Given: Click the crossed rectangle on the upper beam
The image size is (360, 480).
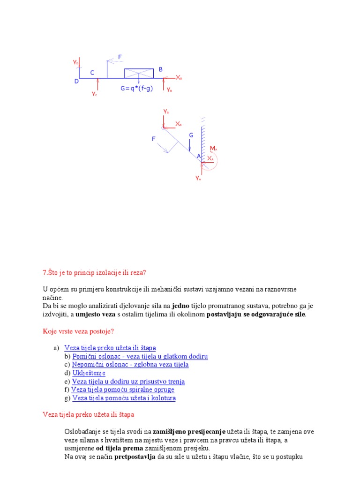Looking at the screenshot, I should (139, 73).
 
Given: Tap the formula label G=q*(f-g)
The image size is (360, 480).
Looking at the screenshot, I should (136, 88).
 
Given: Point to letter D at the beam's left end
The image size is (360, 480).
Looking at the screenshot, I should (77, 82).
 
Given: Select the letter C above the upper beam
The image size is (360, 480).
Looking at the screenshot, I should (92, 73).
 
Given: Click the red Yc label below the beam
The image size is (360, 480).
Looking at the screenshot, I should (94, 94).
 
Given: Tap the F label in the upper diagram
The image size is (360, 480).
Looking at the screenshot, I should (120, 57).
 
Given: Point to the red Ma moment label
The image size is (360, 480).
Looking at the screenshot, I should (214, 149).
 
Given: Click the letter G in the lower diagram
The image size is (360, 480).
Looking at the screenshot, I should (191, 135).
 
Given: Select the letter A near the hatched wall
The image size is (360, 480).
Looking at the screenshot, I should (199, 156).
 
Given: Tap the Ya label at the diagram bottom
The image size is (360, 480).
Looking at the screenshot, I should (198, 178).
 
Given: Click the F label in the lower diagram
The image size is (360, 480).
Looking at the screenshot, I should (153, 139).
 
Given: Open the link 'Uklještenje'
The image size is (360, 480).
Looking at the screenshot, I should (89, 373).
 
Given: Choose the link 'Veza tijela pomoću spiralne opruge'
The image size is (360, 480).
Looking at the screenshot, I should (122, 390).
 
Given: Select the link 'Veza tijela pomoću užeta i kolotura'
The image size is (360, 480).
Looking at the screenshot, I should (124, 398).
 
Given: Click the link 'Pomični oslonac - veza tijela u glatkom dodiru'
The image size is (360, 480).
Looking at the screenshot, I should (140, 356).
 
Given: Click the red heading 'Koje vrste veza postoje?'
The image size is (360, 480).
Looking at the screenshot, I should (78, 331).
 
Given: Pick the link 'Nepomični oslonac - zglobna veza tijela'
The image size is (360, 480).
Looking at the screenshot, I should (130, 365).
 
